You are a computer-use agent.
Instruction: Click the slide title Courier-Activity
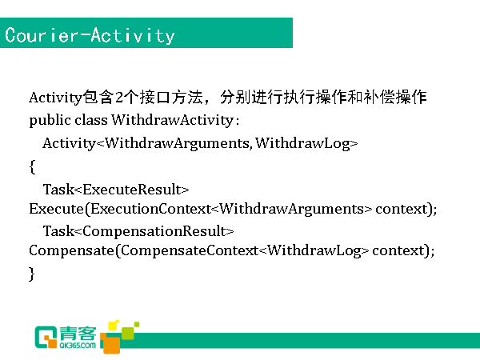[90, 35]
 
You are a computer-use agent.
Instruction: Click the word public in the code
[50, 120]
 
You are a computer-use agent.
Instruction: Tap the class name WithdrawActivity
[172, 120]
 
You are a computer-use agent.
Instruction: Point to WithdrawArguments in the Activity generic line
[178, 143]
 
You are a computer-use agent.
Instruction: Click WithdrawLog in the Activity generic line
[302, 143]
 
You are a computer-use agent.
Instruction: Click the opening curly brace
[32, 167]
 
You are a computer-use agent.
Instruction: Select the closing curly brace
[31, 274]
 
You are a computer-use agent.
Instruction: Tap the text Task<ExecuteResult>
[116, 190]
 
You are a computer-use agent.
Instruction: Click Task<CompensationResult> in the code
[138, 231]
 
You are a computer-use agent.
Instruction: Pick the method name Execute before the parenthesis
[56, 209]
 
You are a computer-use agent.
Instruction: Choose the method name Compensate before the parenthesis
[72, 250]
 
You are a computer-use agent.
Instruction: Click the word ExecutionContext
[150, 209]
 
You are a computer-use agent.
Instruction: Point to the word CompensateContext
[190, 250]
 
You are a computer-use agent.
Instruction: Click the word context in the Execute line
[402, 209]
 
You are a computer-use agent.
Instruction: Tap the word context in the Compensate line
[398, 250]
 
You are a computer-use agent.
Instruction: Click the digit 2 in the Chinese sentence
[119, 98]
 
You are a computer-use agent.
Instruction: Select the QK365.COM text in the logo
[78, 346]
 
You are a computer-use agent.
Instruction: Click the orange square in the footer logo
[111, 343]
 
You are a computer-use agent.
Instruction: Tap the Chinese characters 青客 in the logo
[78, 334]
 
